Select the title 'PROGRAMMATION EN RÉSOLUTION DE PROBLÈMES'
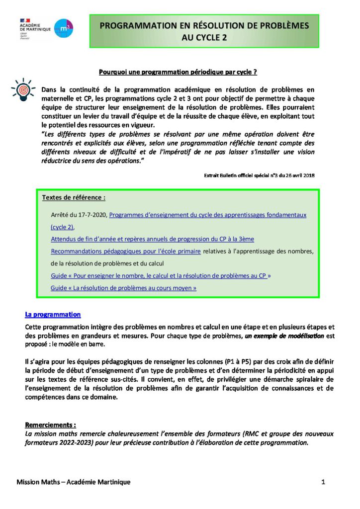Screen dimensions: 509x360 (204, 25)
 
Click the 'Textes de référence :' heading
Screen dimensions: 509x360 (74, 197)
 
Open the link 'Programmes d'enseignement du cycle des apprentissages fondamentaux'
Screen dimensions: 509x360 (207, 215)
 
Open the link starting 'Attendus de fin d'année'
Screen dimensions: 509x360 (152, 239)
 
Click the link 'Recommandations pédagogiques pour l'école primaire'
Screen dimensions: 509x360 (126, 251)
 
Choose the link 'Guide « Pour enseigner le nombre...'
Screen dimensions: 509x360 (161, 275)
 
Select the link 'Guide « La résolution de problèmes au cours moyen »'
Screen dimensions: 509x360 (123, 287)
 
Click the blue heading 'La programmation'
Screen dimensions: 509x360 (53, 315)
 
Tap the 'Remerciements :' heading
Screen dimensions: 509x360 (50, 425)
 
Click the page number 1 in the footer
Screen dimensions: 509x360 (323, 482)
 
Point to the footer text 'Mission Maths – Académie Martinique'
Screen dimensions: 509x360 (73, 482)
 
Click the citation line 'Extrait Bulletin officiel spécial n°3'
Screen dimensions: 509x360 (259, 175)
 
